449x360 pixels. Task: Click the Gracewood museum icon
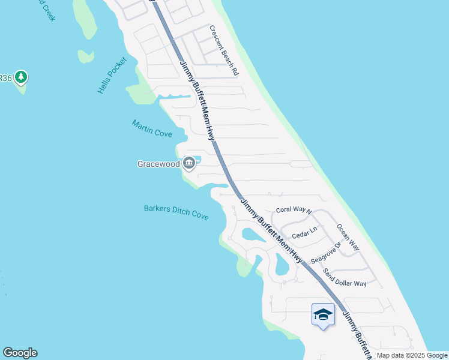tap(189, 163)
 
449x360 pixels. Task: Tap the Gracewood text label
tap(159, 163)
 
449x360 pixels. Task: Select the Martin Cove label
tap(152, 128)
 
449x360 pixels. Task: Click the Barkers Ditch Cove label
tap(176, 212)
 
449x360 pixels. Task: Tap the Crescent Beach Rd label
tap(224, 50)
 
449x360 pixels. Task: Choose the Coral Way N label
tap(294, 210)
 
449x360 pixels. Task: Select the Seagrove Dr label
tap(325, 253)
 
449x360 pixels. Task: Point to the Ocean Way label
tap(348, 238)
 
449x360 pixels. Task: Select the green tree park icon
tap(22, 77)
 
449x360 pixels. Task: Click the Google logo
tap(20, 353)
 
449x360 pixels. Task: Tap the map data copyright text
tap(412, 355)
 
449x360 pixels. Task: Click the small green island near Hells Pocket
tap(86, 56)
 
